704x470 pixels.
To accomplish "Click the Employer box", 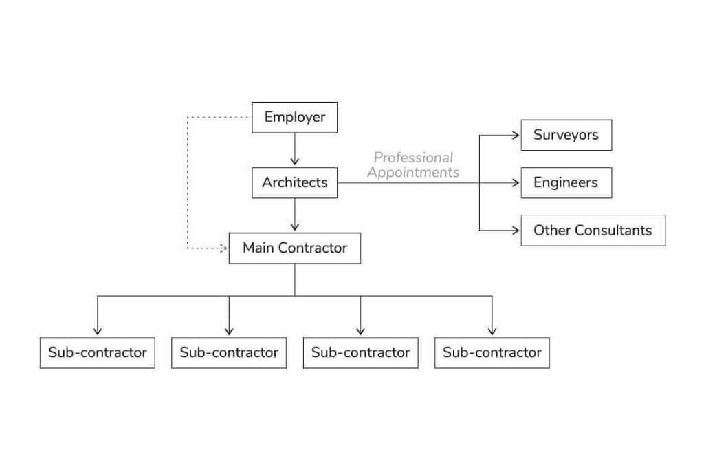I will tap(294, 117).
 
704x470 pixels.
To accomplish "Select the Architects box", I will tap(294, 182).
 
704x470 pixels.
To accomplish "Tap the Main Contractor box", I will tap(294, 248).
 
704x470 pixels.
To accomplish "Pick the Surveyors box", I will tap(566, 135).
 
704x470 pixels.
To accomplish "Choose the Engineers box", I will tap(566, 182).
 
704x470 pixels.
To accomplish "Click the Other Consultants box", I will tap(593, 230).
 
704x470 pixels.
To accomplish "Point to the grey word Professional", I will tap(413, 158).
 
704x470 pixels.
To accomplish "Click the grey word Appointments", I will tap(413, 173).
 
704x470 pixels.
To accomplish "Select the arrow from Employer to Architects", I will tap(294, 149).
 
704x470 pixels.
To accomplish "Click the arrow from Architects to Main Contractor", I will tap(294, 215).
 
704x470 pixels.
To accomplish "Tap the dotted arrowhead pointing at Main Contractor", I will tap(224, 248).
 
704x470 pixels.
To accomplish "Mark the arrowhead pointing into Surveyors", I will tap(516, 135).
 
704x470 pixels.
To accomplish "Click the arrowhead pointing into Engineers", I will tap(516, 182).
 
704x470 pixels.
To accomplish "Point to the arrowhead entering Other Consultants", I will tap(516, 230).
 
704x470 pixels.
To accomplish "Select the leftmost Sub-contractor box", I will tap(97, 352).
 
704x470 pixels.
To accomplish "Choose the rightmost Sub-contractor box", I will tap(492, 352).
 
